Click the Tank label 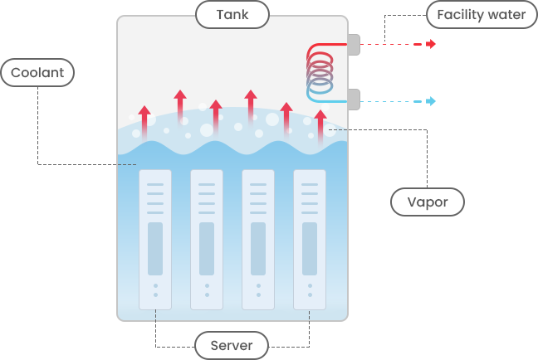tap(232, 14)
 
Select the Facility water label tap(482, 14)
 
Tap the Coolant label tap(37, 73)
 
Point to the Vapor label tap(428, 202)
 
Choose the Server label tap(232, 345)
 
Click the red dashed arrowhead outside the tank tap(431, 44)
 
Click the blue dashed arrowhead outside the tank tap(431, 101)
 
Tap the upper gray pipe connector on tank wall tap(354, 44)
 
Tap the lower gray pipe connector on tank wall tap(354, 100)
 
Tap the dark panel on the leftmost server tap(155, 249)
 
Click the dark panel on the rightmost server tap(310, 249)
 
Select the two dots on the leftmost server tap(155, 289)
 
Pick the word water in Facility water tap(507, 14)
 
